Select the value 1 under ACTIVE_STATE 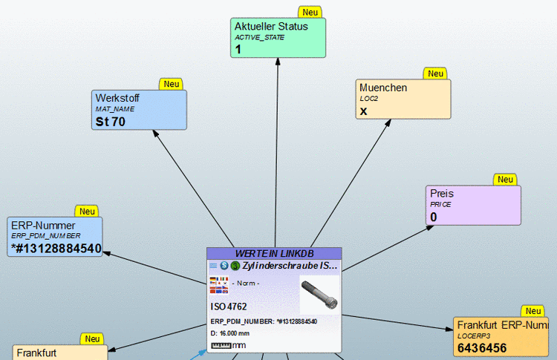(238, 50)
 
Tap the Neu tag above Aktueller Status (310, 13)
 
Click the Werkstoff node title (117, 98)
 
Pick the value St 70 (111, 122)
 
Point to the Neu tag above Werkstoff (172, 85)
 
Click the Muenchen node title (382, 88)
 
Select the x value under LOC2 (364, 111)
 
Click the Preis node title (441, 194)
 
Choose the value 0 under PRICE (433, 217)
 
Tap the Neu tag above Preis (505, 180)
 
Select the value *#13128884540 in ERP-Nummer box (56, 248)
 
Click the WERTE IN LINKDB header (273, 253)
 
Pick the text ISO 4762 (229, 306)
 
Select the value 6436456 (482, 347)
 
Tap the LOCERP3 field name (473, 336)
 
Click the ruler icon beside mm (221, 345)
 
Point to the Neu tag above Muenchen (434, 74)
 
